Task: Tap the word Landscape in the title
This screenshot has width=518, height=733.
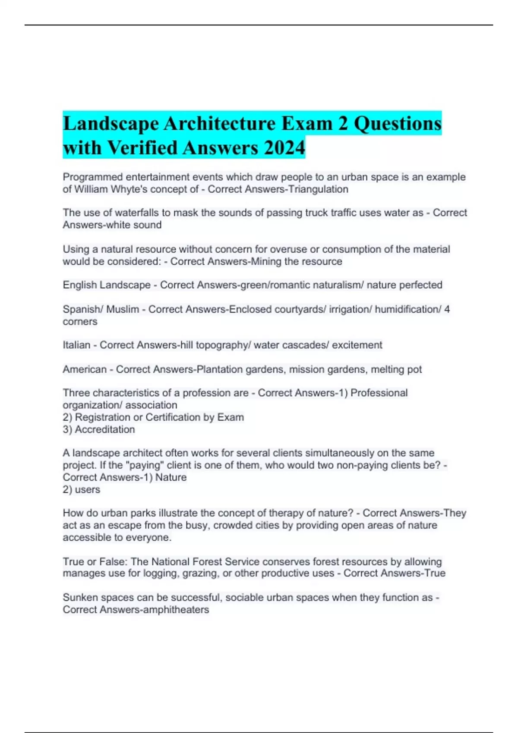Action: click(111, 124)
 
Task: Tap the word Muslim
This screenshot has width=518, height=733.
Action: click(123, 309)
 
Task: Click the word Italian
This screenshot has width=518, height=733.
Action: click(76, 345)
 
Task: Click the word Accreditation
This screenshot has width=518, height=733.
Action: click(104, 429)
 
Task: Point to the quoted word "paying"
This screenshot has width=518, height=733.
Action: click(145, 465)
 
